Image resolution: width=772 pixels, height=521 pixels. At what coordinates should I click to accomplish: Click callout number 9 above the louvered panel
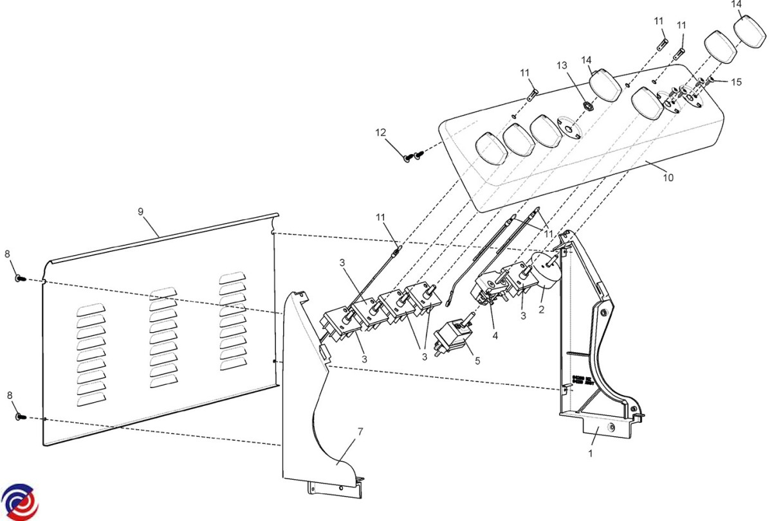click(141, 211)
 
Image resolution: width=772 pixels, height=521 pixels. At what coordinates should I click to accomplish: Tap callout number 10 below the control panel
click(668, 177)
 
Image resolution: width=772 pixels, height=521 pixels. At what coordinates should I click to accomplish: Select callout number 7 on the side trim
click(360, 431)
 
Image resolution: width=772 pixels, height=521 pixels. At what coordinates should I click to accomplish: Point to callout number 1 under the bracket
click(591, 452)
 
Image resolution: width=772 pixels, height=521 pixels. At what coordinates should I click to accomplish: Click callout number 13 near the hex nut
click(562, 66)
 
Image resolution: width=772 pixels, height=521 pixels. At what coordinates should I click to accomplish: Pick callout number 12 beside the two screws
click(381, 132)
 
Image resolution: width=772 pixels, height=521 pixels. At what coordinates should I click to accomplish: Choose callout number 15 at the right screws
click(737, 82)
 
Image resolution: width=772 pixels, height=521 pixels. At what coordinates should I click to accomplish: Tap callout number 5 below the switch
click(477, 360)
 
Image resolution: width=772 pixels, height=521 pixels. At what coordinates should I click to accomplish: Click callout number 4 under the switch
click(495, 335)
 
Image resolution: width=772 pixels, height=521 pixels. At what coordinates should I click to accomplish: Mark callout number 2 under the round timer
click(541, 310)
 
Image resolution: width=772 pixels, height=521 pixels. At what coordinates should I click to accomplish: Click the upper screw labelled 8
click(19, 278)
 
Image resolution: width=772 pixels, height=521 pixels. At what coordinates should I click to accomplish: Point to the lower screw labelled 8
click(19, 417)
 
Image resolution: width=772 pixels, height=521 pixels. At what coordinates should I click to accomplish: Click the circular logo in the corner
click(19, 502)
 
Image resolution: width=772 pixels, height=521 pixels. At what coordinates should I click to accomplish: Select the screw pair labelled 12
click(412, 155)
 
